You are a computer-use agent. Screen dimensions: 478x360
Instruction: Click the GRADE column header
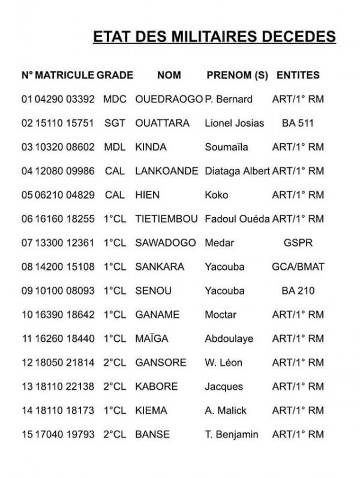click(x=115, y=76)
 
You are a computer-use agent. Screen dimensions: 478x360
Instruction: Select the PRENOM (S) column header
click(x=237, y=76)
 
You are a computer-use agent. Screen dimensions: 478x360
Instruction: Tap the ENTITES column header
click(x=298, y=76)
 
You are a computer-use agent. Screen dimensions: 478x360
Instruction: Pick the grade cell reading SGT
click(x=114, y=123)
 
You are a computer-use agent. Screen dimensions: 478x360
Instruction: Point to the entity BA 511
click(x=298, y=123)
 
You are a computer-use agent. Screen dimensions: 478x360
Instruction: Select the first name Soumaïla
click(x=226, y=147)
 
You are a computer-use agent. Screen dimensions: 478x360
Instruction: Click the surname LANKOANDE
click(x=167, y=171)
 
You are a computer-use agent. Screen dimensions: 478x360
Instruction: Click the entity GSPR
click(x=298, y=243)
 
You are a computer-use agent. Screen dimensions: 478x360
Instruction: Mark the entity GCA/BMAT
click(x=298, y=267)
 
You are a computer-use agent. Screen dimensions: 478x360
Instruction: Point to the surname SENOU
click(x=154, y=291)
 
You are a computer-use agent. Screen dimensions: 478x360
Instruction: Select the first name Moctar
click(x=221, y=315)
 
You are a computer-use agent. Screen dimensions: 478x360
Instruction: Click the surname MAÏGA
click(x=153, y=339)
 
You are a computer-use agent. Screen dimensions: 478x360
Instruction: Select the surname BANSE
click(x=153, y=434)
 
